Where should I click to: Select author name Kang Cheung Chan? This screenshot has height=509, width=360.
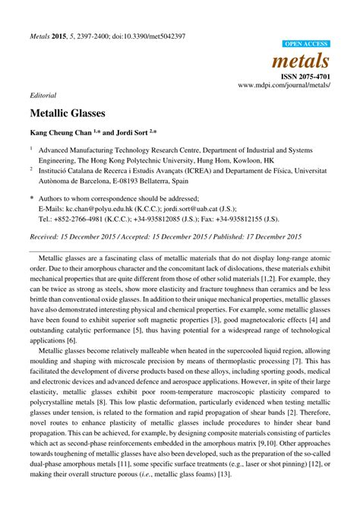pyautogui.click(x=64, y=131)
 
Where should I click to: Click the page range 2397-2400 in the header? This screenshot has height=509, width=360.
pyautogui.click(x=93, y=36)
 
